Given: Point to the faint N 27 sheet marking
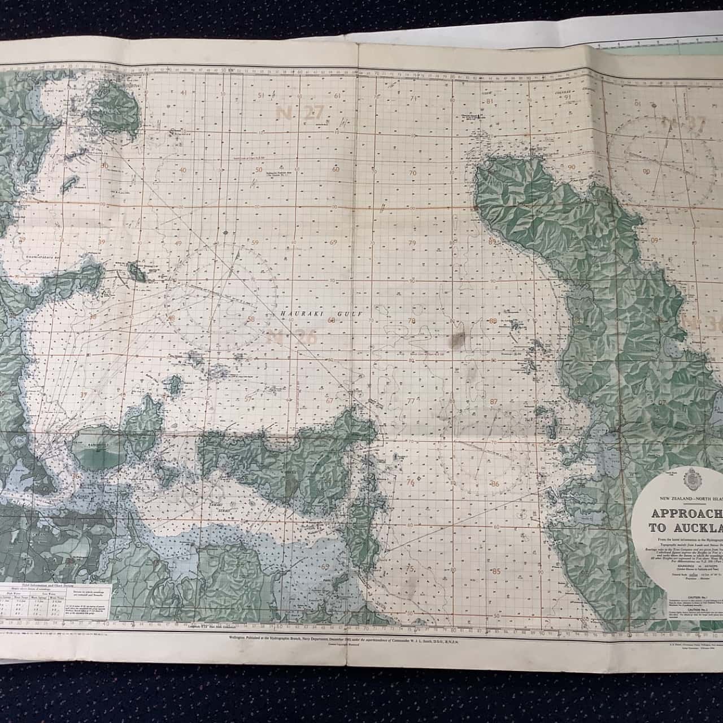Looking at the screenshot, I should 299,113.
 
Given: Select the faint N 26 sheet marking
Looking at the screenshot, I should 285,338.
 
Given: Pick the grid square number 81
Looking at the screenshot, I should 489,102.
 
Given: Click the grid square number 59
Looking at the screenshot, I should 255,243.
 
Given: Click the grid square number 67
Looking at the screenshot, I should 329,400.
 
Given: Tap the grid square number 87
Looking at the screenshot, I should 494,402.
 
